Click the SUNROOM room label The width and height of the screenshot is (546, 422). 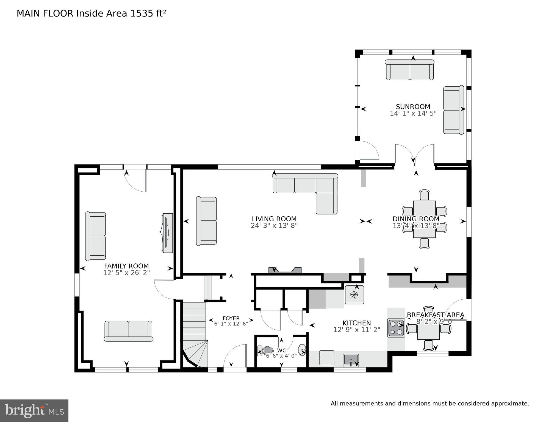413,107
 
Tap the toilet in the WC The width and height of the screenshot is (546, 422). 266,351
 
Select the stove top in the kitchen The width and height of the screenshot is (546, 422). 396,328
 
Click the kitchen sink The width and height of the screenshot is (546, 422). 351,360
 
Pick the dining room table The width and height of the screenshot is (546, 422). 424,219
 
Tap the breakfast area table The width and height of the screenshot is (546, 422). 428,331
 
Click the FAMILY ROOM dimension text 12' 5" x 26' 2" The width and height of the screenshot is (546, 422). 126,273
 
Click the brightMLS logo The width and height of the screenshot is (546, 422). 34,411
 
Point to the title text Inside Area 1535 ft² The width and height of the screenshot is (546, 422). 121,13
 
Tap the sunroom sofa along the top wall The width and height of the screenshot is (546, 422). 410,70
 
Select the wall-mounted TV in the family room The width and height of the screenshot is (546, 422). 167,233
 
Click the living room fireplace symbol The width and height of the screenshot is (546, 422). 285,271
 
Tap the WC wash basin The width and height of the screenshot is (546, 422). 302,350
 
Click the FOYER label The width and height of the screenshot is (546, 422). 231,318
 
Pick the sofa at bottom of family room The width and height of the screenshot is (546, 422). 128,331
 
